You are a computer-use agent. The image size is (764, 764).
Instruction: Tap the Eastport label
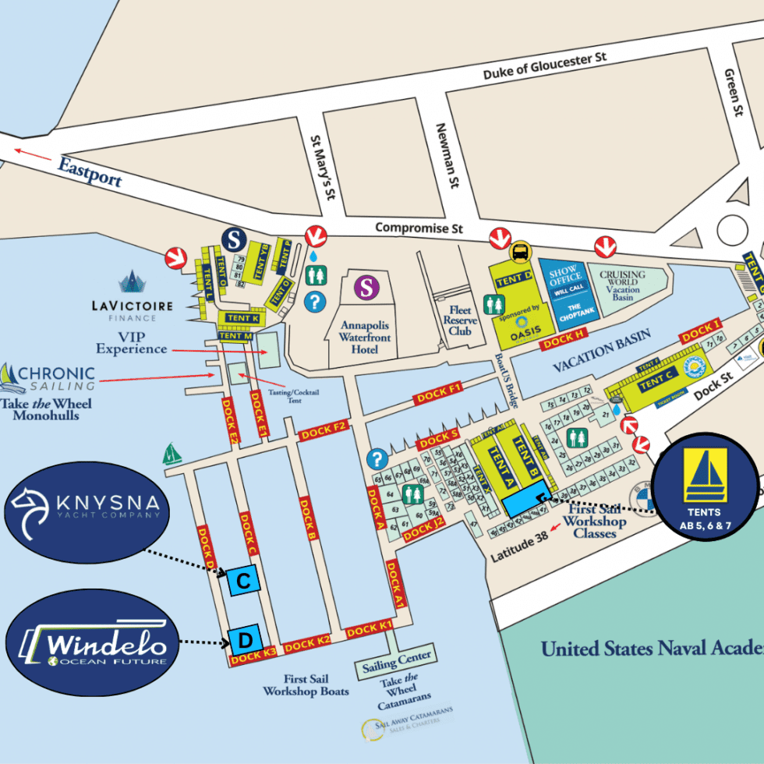[x=90, y=170]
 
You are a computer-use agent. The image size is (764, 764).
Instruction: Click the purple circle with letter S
[x=366, y=288]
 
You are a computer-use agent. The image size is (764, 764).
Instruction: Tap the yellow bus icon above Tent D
[x=518, y=251]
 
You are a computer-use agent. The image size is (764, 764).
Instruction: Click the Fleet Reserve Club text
[x=459, y=315]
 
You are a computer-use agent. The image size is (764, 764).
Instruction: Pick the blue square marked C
[x=243, y=581]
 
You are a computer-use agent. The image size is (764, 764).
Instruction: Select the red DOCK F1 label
[x=440, y=391]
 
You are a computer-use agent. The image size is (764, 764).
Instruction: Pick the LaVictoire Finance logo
[x=132, y=297]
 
